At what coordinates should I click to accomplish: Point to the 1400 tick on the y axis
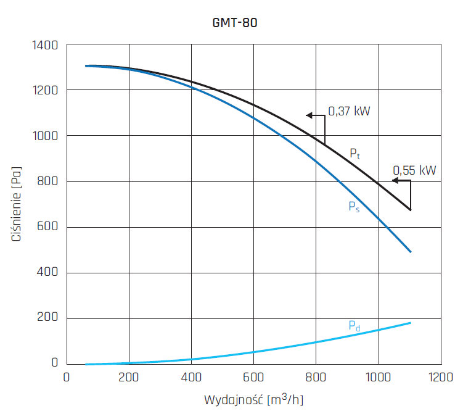[45, 45]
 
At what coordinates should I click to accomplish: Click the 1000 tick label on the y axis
[45, 136]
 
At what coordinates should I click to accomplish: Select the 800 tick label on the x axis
[316, 376]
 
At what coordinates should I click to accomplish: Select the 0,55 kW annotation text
[414, 170]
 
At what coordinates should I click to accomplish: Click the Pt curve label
[354, 154]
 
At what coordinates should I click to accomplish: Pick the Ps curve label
[354, 207]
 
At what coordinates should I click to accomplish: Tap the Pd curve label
[354, 326]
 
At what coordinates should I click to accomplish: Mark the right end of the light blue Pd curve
[411, 323]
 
